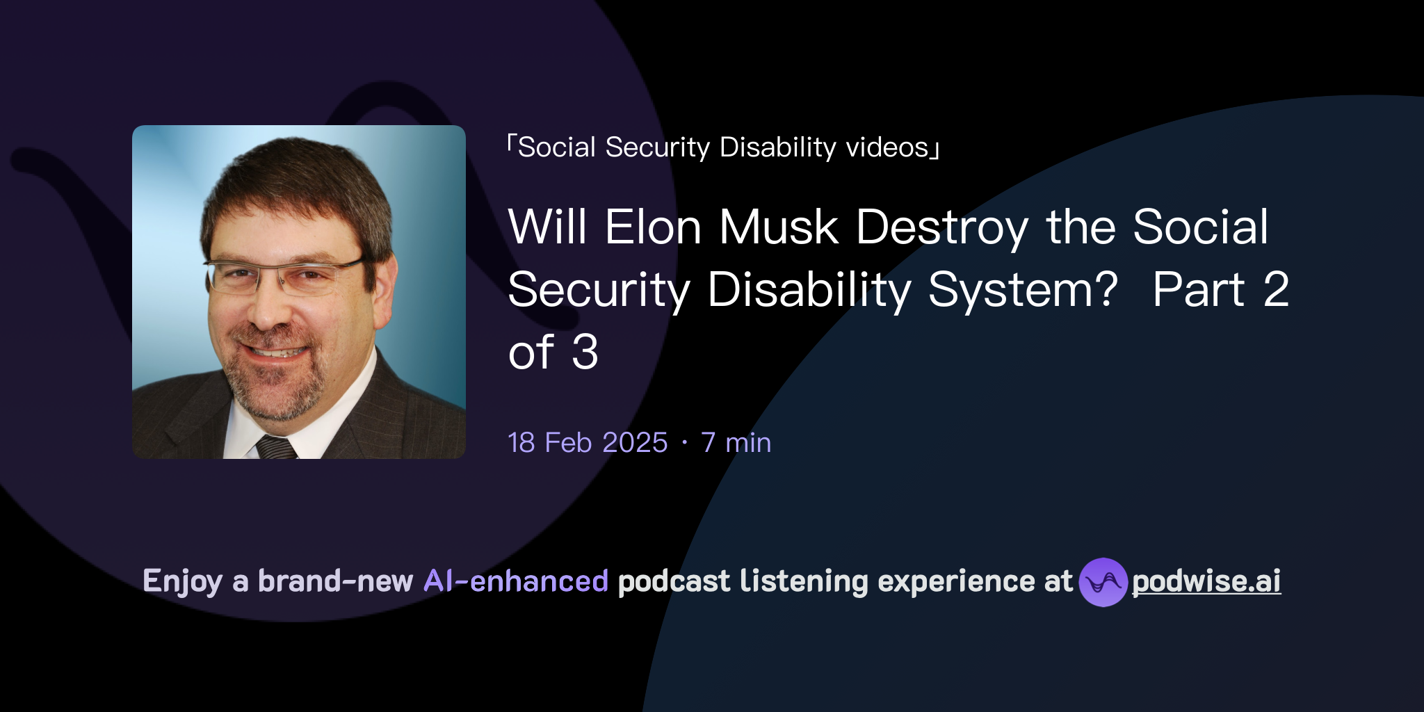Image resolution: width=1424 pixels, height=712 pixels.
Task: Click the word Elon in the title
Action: (x=652, y=227)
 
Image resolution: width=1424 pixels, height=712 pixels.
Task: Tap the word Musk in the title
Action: (x=778, y=227)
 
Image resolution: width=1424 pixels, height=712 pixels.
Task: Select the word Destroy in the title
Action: (x=942, y=228)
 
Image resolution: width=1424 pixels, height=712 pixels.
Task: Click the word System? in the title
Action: (x=1023, y=289)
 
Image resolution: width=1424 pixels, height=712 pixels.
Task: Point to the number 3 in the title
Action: (x=585, y=352)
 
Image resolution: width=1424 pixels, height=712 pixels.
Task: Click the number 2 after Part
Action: (x=1276, y=289)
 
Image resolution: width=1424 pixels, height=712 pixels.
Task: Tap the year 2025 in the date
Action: (x=635, y=443)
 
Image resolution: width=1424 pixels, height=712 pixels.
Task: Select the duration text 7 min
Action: (x=736, y=443)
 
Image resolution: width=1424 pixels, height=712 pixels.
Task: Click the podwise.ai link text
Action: (x=1206, y=581)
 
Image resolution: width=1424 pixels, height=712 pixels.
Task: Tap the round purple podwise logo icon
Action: (x=1103, y=582)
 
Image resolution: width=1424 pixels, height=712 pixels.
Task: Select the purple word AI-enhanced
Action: (x=516, y=581)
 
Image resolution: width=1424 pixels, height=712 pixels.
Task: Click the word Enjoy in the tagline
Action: (x=182, y=581)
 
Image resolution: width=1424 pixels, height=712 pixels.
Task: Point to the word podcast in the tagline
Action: (x=674, y=581)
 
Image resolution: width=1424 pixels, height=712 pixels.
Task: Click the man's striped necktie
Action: (x=276, y=447)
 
